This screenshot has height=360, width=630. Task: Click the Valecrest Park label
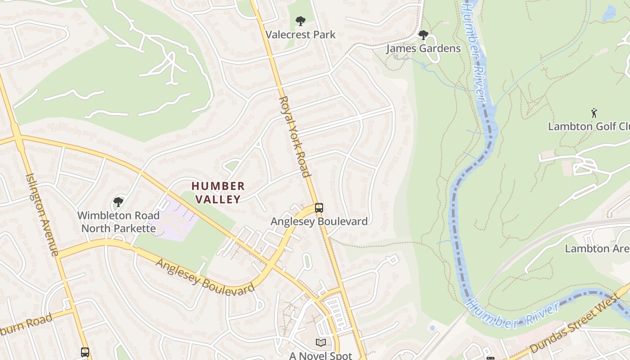point(300,35)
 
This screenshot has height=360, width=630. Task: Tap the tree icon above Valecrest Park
point(300,21)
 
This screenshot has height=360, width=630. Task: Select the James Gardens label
point(423,49)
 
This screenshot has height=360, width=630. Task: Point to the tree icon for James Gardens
point(423,35)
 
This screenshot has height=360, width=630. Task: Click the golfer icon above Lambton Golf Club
point(594,112)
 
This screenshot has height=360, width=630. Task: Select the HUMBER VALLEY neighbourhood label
point(218,192)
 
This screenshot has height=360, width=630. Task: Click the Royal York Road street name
point(295,136)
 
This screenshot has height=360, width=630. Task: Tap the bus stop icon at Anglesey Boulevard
point(319,207)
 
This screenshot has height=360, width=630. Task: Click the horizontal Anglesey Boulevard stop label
point(319,221)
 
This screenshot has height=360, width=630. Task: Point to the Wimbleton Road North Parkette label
point(118,222)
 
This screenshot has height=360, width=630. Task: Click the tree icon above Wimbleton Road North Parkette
point(118,202)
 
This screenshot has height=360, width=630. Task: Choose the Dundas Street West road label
point(580,326)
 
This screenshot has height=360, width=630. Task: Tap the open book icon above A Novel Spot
point(320,343)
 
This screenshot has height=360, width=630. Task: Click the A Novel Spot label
point(320,355)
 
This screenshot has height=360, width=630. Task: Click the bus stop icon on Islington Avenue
point(85,352)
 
